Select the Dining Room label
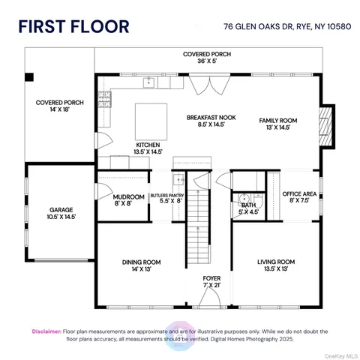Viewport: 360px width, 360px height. (x=142, y=265)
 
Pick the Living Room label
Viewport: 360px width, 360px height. (x=276, y=265)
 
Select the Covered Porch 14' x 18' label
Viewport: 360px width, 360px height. (x=60, y=106)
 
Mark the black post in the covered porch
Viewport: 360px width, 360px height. (x=29, y=77)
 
